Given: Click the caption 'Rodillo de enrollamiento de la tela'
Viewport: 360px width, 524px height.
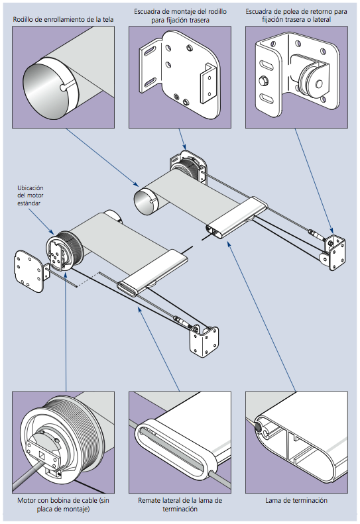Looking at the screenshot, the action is pyautogui.click(x=63, y=19).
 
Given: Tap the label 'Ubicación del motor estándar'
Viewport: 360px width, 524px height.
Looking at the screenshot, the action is pyautogui.click(x=30, y=195).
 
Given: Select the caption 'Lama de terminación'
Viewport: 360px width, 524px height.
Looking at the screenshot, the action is pyautogui.click(x=296, y=500).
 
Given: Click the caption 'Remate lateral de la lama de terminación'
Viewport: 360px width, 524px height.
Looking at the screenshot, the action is pyautogui.click(x=180, y=505).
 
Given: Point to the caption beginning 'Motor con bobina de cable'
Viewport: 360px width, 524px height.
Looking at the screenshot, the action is pyautogui.click(x=63, y=505).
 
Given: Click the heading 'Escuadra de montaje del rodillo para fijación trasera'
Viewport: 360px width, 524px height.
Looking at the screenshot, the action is pyautogui.click(x=180, y=16).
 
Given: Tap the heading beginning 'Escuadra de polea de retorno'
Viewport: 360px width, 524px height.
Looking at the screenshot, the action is pyautogui.click(x=296, y=16).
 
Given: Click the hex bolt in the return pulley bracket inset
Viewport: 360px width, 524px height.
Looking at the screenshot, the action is pyautogui.click(x=264, y=81).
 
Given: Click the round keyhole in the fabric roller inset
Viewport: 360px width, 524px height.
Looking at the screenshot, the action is pyautogui.click(x=63, y=87).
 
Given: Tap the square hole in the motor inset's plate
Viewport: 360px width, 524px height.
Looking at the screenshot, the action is pyautogui.click(x=42, y=455).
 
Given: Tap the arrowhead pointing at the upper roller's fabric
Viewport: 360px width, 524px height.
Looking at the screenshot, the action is pyautogui.click(x=136, y=183).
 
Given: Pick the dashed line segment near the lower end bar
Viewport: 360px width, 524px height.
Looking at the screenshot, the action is pyautogui.click(x=88, y=279).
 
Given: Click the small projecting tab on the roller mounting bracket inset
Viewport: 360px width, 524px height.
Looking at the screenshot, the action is pyautogui.click(x=208, y=83).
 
